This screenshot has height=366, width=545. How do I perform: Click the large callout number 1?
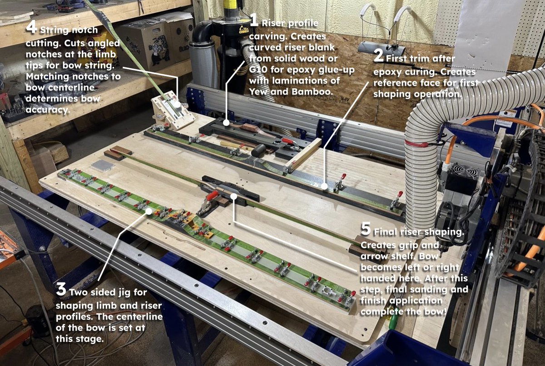[x=254, y=20]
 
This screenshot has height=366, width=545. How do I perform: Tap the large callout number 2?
[x=379, y=55]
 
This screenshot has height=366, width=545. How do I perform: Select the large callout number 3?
[x=61, y=289]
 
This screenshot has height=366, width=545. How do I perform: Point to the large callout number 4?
[x=31, y=27]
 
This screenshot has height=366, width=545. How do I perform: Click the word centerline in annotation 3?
[x=138, y=316]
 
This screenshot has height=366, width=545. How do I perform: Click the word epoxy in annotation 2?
[x=387, y=72]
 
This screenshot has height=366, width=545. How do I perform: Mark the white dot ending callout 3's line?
[x=149, y=211]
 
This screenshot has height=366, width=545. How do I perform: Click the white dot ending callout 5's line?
[x=234, y=196]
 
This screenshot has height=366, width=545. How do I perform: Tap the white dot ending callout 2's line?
[x=324, y=186]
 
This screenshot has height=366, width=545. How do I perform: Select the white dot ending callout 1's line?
[x=226, y=123]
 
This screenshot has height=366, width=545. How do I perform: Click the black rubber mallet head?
[x=258, y=151]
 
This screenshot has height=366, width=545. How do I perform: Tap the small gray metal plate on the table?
[x=103, y=165]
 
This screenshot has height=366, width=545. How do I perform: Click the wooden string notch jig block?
[x=173, y=110]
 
